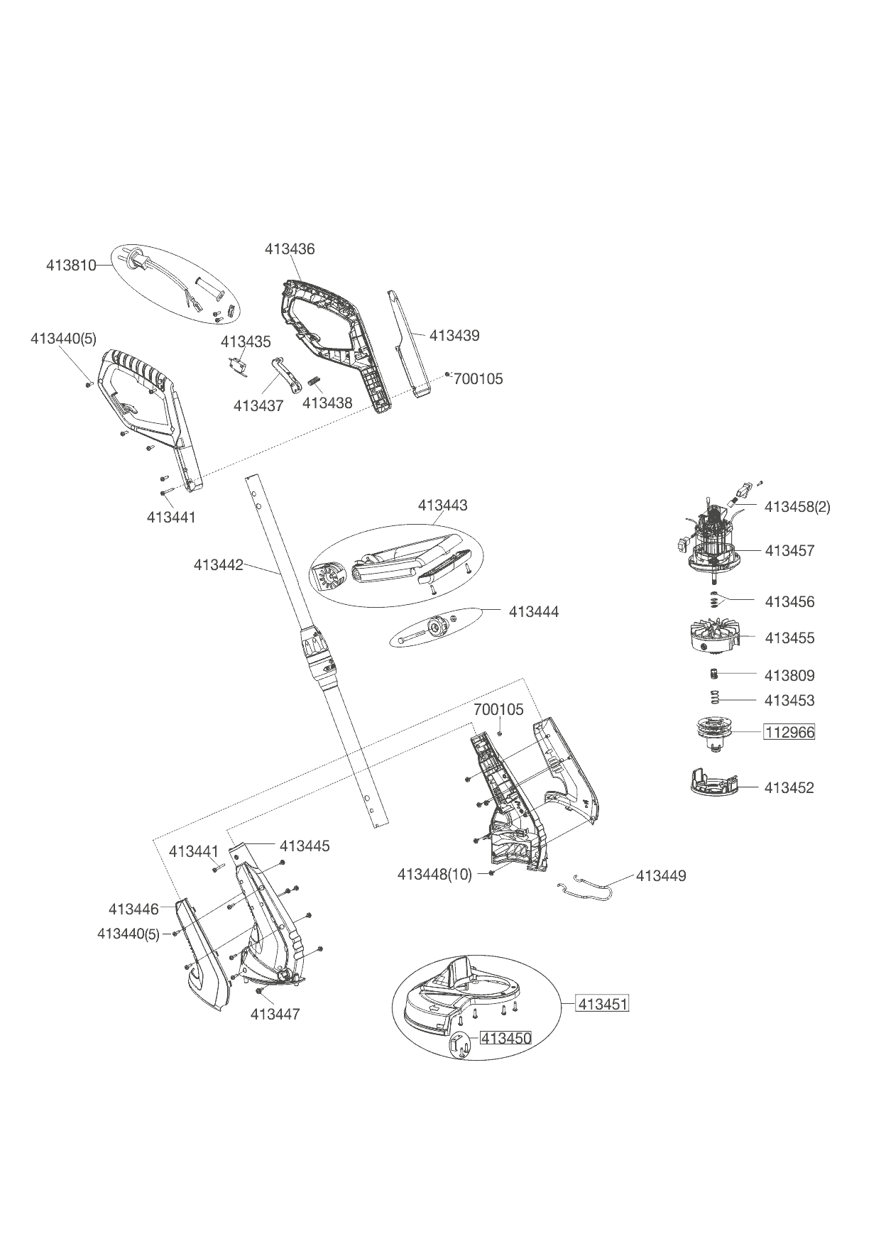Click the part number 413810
coord(71,266)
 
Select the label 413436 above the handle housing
coord(290,249)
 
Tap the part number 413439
coord(454,336)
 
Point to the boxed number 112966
coord(789,732)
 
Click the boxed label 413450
coord(506,1038)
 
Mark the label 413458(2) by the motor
coord(797,507)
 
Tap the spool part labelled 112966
coord(713,732)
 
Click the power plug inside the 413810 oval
coord(136,261)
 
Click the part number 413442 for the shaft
coord(218,565)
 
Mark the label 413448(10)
coord(434,875)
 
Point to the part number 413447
coord(275,1015)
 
